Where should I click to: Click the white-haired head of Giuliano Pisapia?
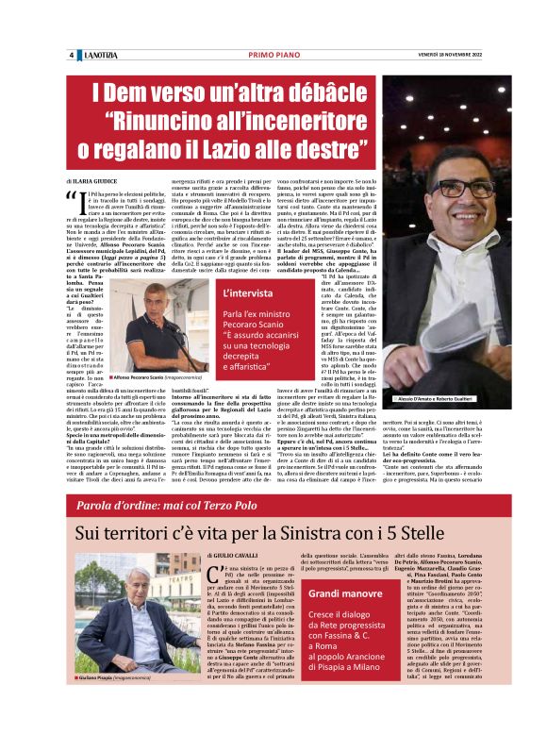pyautogui.click(x=111, y=606)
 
